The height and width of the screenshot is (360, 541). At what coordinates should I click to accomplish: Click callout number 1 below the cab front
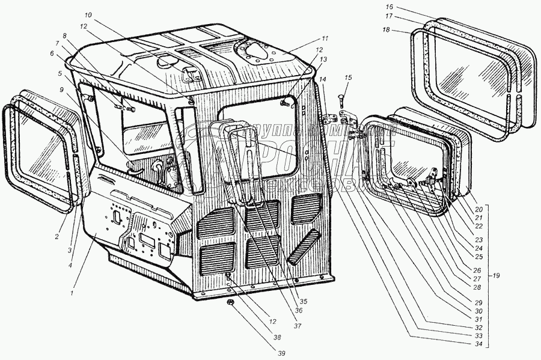point(72,293)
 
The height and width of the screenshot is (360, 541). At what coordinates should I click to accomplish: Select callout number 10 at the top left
point(88,14)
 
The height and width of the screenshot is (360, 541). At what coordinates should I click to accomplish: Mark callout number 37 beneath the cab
point(297,326)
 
